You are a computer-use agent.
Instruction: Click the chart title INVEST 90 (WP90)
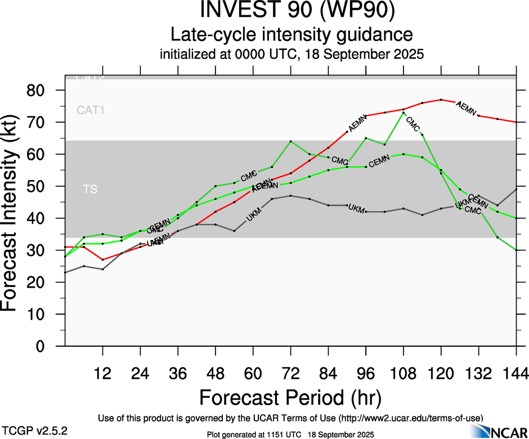292,11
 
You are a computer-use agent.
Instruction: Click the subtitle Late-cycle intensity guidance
292,35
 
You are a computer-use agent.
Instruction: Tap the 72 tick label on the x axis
290,373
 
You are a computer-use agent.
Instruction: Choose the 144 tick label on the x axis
516,373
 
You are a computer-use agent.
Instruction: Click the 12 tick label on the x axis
102,373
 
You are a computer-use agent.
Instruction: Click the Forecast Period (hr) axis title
290,397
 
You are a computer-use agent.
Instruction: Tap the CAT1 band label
91,110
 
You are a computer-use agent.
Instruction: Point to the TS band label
90,190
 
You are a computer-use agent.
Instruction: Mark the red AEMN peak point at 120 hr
441,100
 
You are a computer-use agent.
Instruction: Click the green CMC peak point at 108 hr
404,113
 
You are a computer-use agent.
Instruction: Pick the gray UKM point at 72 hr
290,195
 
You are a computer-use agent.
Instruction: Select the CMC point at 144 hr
517,250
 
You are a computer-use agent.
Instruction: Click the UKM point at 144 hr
517,189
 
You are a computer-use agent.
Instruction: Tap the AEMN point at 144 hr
517,122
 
